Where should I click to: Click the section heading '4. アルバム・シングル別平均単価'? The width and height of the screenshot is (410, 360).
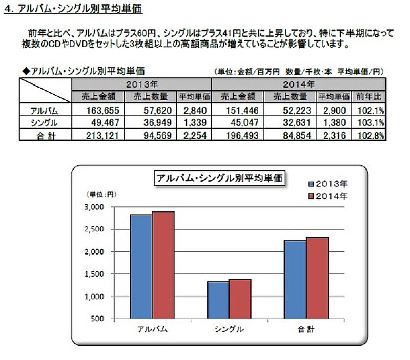pos(73,9)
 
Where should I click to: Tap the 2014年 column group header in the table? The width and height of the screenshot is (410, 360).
pos(299,84)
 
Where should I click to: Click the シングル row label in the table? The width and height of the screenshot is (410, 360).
pos(45,122)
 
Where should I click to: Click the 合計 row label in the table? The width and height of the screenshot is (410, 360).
pos(45,134)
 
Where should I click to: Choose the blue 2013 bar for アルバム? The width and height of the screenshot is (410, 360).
pos(140,266)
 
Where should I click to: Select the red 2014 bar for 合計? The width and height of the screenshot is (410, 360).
pos(317,278)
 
